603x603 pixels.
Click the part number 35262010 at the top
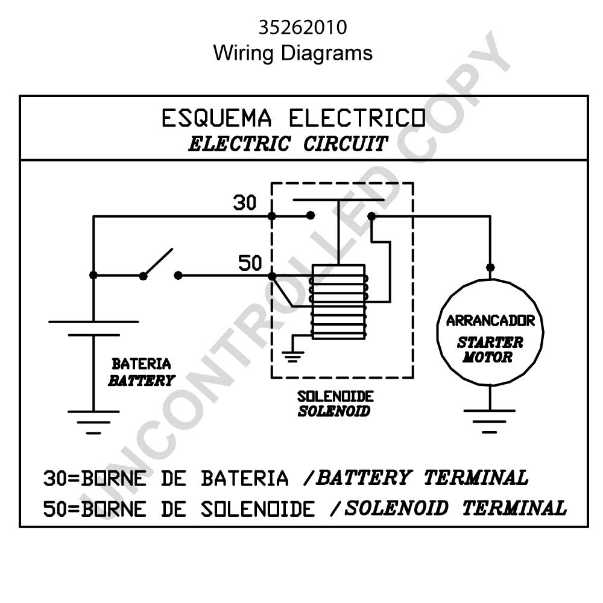303,27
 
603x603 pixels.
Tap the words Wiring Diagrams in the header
292,53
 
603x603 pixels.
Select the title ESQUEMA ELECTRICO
294,118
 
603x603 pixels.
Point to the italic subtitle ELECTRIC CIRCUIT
288,144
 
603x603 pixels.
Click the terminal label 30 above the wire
245,202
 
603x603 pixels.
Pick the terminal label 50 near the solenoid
250,263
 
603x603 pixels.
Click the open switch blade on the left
158,262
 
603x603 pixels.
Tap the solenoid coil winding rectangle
339,302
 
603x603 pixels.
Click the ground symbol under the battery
93,422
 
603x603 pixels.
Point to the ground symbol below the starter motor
489,421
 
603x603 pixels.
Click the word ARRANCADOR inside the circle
490,321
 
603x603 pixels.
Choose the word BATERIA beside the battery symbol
141,364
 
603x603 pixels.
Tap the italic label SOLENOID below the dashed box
334,411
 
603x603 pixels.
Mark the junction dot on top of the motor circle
490,267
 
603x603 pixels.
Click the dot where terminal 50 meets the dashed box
272,276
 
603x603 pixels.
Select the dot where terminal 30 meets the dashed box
272,216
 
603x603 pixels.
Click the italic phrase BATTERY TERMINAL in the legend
422,478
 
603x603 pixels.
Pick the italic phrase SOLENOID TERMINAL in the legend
455,508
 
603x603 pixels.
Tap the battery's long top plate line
93,322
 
